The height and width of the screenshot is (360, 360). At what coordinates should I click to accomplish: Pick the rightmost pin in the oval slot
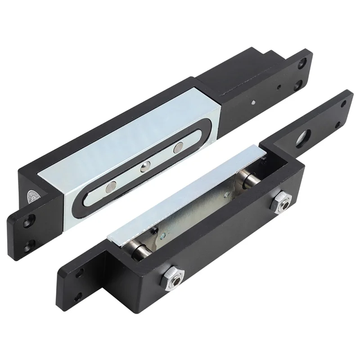[179, 147]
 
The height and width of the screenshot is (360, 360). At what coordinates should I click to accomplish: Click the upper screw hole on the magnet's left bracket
[29, 221]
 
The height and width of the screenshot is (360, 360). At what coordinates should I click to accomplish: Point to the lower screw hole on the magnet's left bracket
[29, 245]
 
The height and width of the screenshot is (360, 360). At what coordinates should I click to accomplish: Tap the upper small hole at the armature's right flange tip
[343, 103]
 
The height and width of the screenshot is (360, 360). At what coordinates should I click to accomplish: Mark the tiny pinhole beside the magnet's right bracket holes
[280, 88]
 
